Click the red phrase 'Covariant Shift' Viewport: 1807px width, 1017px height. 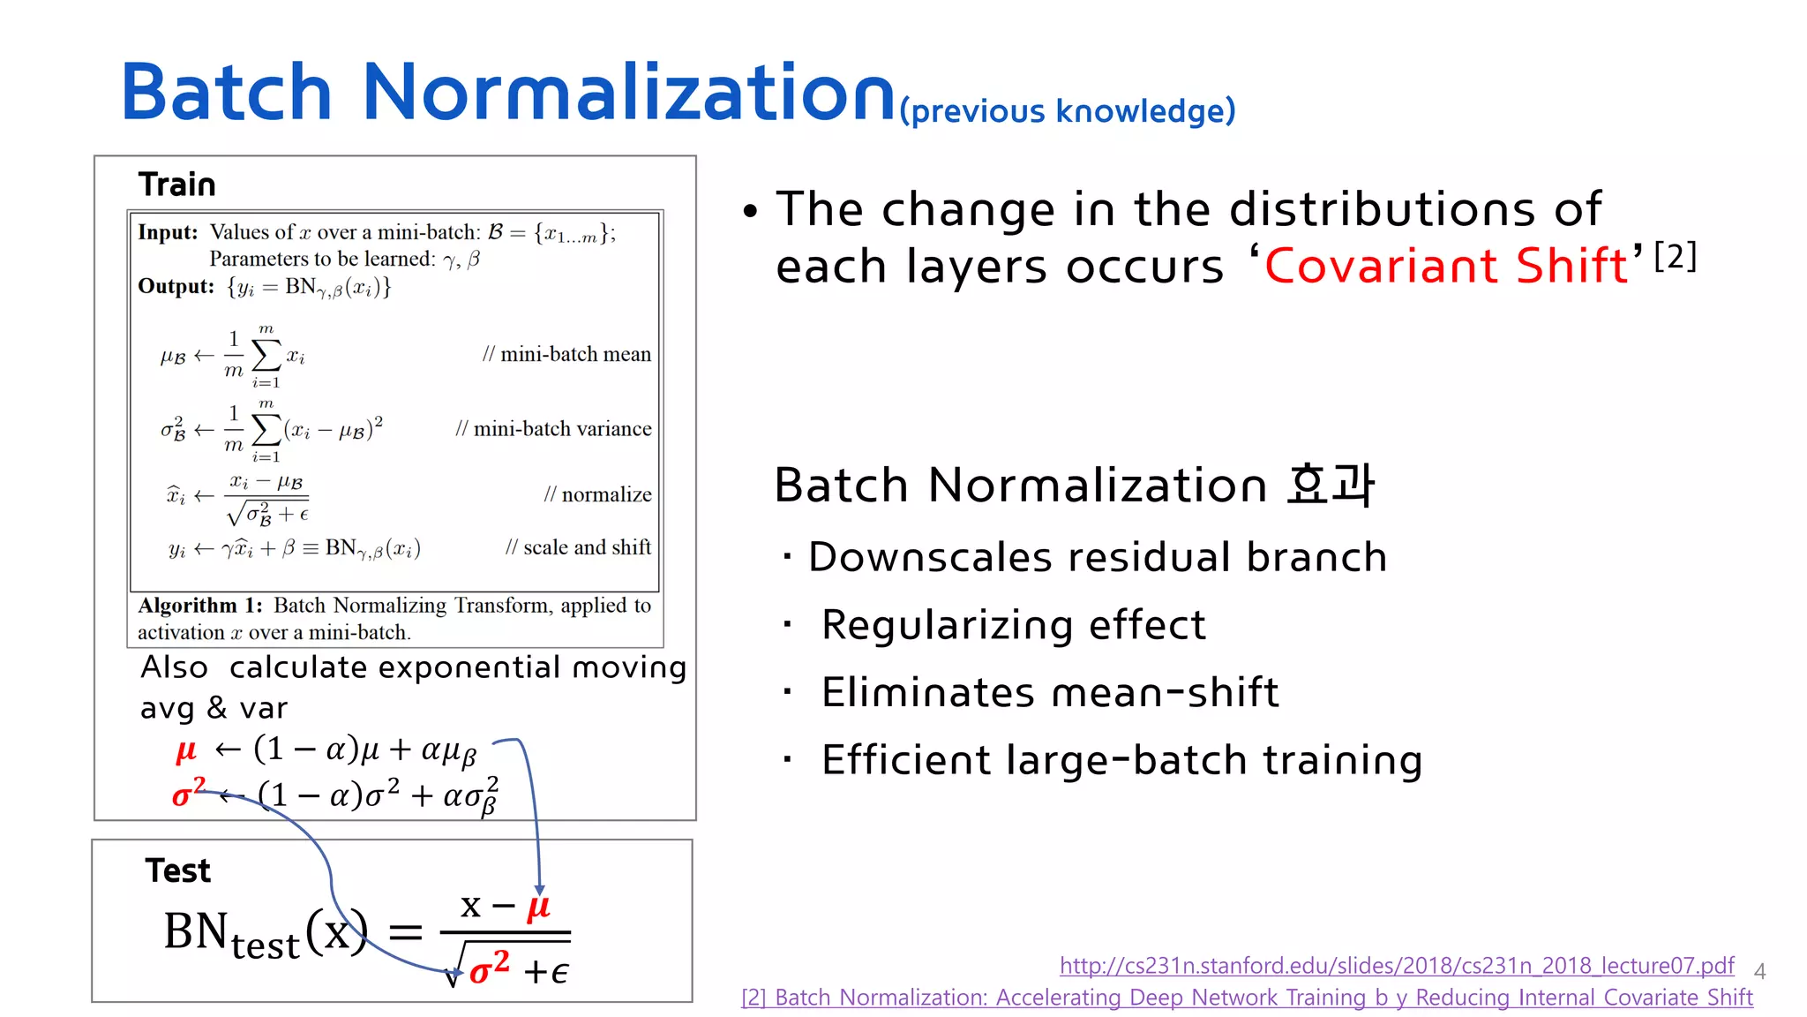click(1446, 266)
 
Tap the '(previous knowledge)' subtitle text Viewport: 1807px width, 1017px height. click(1067, 111)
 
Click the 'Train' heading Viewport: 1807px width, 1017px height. click(176, 185)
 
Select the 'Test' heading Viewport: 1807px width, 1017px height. click(177, 870)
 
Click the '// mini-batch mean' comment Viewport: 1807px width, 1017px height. click(566, 354)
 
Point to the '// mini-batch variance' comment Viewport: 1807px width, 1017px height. click(553, 429)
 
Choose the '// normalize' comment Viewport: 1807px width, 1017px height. click(597, 494)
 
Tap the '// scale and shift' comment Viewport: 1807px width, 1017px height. click(578, 547)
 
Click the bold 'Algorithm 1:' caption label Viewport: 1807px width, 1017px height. click(200, 606)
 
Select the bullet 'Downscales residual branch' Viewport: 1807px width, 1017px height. click(1097, 557)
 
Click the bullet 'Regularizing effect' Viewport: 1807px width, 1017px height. click(1013, 625)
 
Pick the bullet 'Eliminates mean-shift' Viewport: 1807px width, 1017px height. click(1049, 692)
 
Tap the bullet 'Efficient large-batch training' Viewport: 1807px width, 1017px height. click(1121, 760)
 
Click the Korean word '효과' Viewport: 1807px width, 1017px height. click(1330, 485)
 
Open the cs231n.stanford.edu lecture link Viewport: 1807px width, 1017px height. click(1396, 965)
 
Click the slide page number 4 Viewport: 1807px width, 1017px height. click(1759, 972)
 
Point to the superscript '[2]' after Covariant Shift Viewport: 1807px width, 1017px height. click(1675, 256)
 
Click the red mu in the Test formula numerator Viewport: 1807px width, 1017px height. click(538, 907)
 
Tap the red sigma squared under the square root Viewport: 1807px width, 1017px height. click(489, 968)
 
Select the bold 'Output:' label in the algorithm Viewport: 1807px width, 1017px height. click(176, 287)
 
